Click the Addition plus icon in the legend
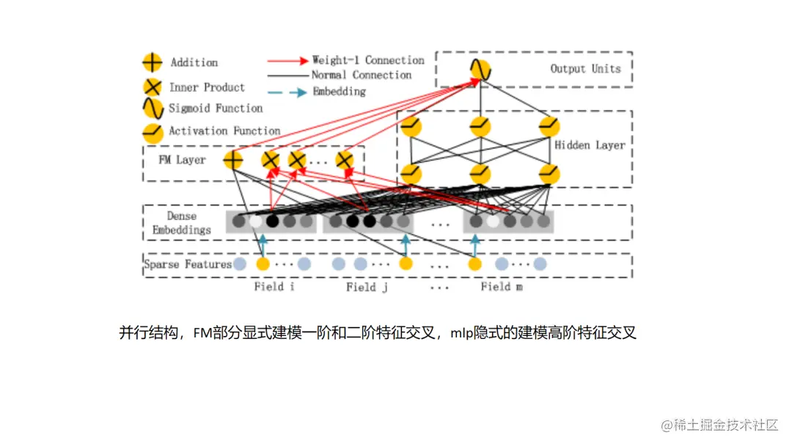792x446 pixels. pyautogui.click(x=152, y=62)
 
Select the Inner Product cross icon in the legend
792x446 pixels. pyautogui.click(x=152, y=87)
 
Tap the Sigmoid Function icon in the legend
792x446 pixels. pyautogui.click(x=152, y=109)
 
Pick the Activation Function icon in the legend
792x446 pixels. pyautogui.click(x=152, y=132)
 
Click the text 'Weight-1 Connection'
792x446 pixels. pyautogui.click(x=368, y=60)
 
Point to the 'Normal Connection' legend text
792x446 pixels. pyautogui.click(x=361, y=75)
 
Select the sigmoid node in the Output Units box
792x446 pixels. pyautogui.click(x=480, y=70)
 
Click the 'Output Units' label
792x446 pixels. pyautogui.click(x=585, y=69)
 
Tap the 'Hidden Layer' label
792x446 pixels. pyautogui.click(x=590, y=145)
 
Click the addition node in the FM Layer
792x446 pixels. pyautogui.click(x=233, y=160)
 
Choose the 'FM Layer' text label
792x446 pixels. pyautogui.click(x=183, y=160)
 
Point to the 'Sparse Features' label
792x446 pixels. pyautogui.click(x=188, y=264)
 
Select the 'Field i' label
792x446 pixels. pyautogui.click(x=274, y=287)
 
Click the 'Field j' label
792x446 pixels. pyautogui.click(x=367, y=288)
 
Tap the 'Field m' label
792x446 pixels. pyautogui.click(x=502, y=287)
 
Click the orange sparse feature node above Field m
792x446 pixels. pyautogui.click(x=475, y=264)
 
